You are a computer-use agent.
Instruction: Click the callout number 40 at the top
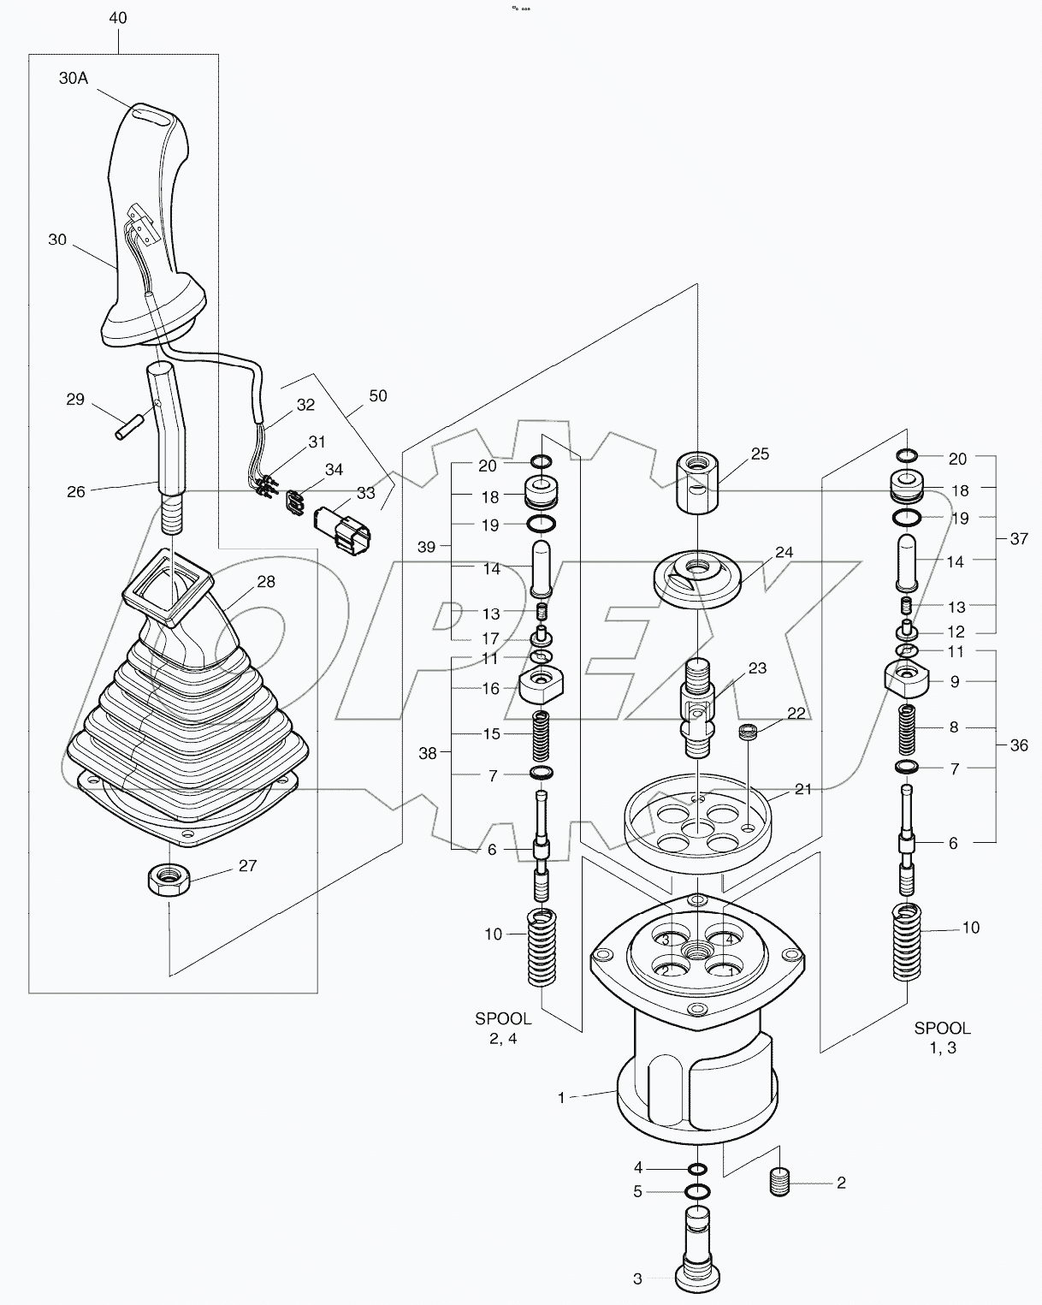[x=118, y=18]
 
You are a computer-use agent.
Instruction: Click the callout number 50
[x=377, y=396]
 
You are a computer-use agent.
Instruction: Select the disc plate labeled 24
[x=697, y=578]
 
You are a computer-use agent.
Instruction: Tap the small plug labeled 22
[x=749, y=733]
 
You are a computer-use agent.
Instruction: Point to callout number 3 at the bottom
[x=637, y=1279]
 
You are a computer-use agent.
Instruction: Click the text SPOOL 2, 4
[x=503, y=1029]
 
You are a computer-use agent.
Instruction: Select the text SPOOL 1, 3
[x=942, y=1038]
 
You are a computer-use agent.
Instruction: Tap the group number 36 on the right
[x=1018, y=745]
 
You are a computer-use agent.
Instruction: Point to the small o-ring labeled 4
[x=698, y=1169]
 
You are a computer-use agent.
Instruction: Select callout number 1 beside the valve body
[x=561, y=1097]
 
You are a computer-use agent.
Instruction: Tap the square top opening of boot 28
[x=169, y=589]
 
